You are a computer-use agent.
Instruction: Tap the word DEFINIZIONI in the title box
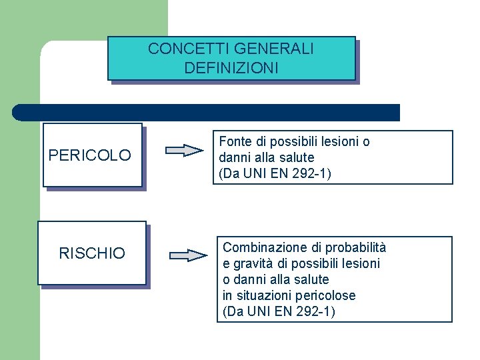pos(231,68)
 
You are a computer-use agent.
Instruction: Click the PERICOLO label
pos(90,156)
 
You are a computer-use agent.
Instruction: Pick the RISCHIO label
pos(92,253)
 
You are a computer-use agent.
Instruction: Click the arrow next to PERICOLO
pos(184,150)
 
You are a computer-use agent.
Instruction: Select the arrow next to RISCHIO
pos(189,255)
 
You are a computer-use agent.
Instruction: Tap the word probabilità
pos(353,247)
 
